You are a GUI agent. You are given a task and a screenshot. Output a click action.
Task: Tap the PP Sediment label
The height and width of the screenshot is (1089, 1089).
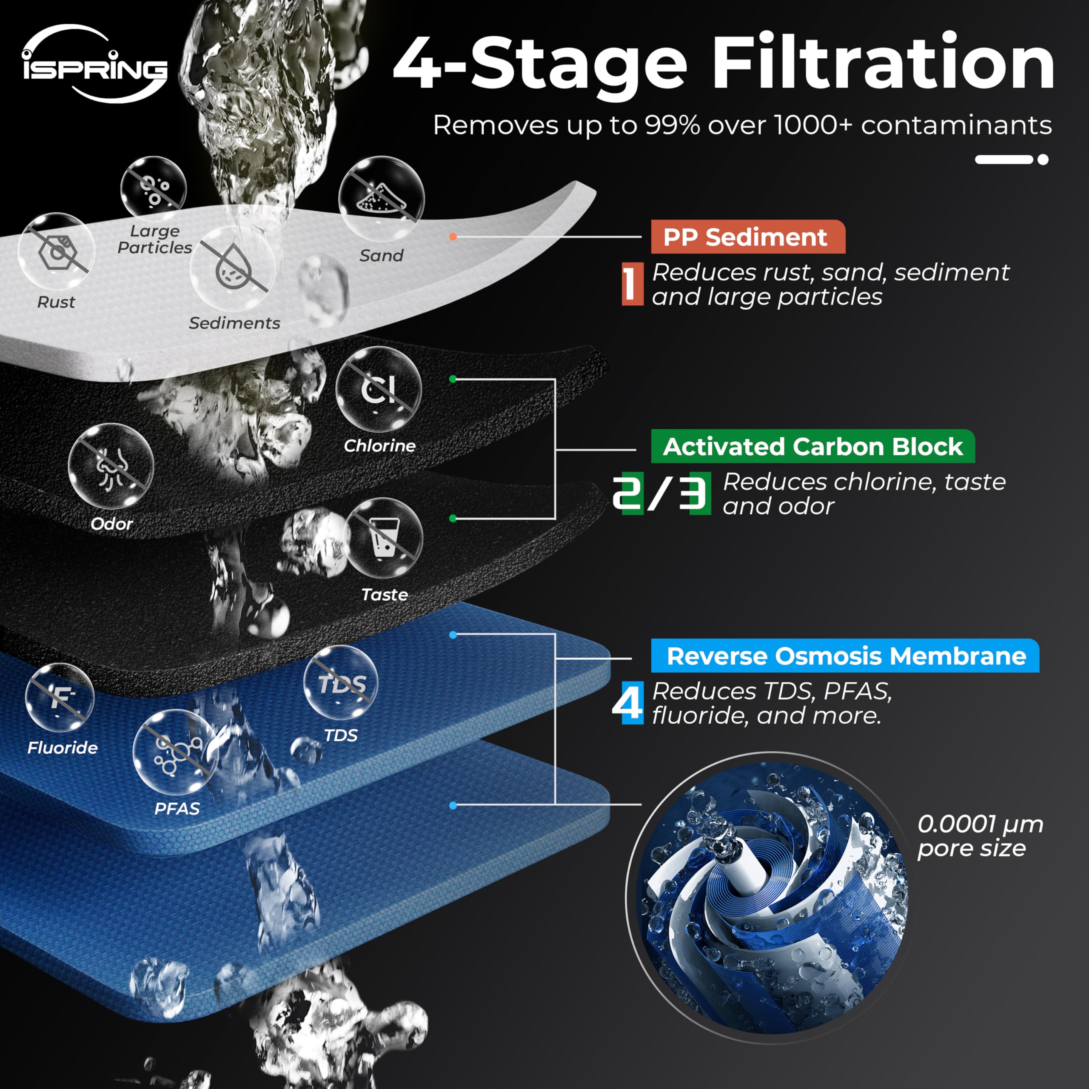pos(748,237)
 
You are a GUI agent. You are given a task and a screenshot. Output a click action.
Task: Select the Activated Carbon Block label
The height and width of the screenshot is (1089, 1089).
pos(813,446)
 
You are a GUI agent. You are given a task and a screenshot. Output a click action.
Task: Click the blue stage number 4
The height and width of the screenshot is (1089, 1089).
pos(628,703)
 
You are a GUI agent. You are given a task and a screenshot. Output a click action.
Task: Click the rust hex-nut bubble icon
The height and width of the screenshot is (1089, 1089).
pos(57,251)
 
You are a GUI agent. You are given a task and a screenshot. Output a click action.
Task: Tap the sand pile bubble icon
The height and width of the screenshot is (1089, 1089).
pos(382,199)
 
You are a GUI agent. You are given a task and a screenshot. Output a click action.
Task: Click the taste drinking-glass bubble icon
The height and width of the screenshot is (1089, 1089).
pos(383,537)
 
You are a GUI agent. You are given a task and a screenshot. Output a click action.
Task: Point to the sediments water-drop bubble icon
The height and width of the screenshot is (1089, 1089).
pos(233,269)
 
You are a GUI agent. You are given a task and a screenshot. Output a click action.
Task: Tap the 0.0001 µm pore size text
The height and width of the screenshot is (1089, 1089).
pos(980,836)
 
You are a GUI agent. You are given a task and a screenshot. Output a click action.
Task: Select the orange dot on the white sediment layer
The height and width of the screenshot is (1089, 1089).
pos(453,237)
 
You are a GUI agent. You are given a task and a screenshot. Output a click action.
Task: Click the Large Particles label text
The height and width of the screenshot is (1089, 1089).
pos(155,239)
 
